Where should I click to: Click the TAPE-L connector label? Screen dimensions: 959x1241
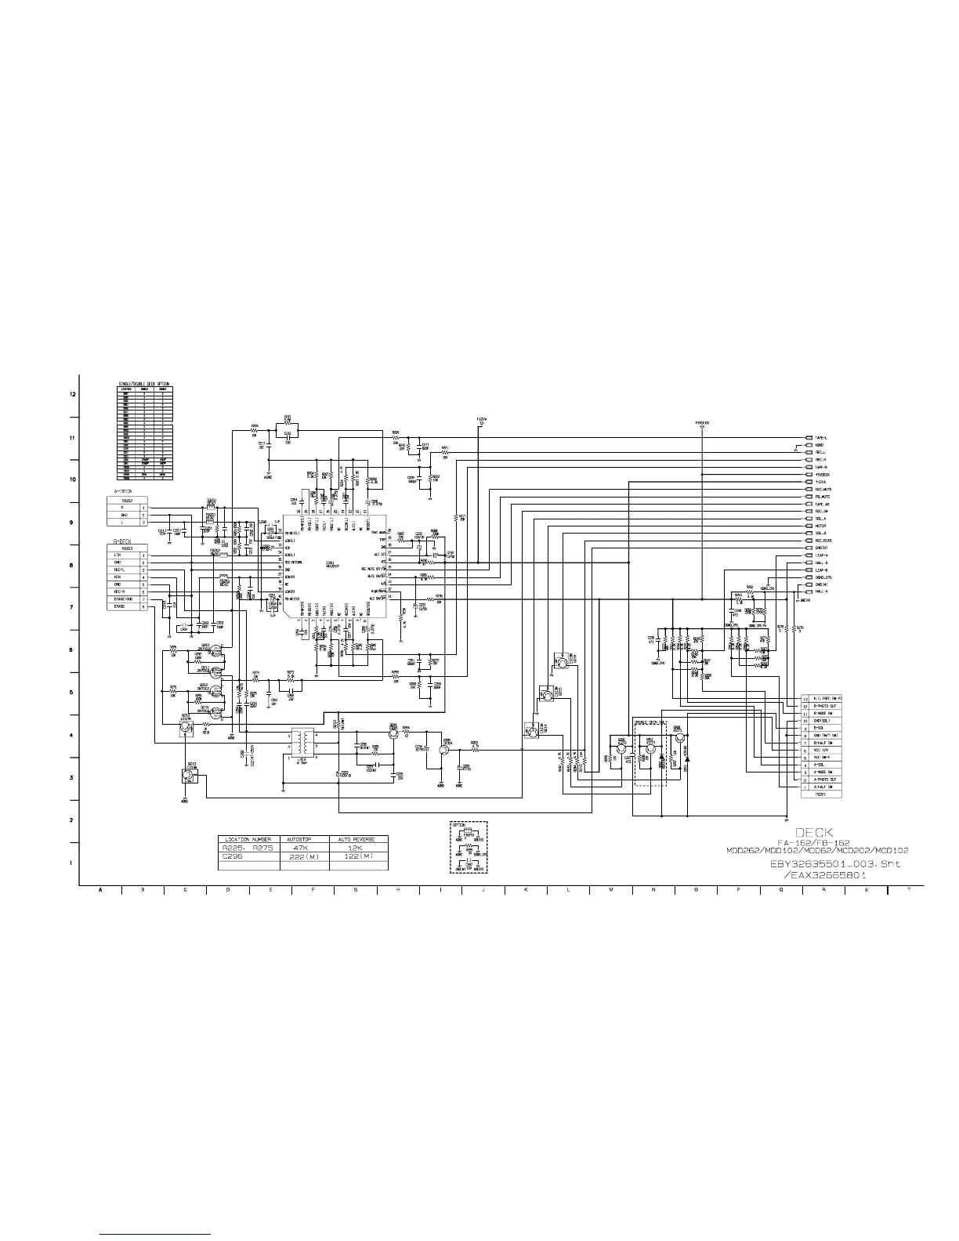pos(821,438)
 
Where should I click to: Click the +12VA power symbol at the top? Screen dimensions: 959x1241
pos(481,420)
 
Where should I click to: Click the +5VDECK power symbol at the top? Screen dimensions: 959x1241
pos(702,423)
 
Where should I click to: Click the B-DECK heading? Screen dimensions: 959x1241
pos(121,542)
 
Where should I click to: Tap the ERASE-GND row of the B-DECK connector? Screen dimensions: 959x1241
pos(123,599)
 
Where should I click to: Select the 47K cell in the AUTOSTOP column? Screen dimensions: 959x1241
pos(304,848)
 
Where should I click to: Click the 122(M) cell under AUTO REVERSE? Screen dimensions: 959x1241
pos(356,856)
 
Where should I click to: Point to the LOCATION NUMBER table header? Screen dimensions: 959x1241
pos(248,839)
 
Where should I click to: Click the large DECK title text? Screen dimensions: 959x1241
pos(814,831)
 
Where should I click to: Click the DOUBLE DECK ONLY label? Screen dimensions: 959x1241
pos(650,721)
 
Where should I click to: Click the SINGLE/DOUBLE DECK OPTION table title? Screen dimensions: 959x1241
pos(143,383)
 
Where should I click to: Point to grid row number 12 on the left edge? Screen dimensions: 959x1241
pos(73,394)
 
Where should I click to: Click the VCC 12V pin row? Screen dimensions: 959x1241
pos(823,751)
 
